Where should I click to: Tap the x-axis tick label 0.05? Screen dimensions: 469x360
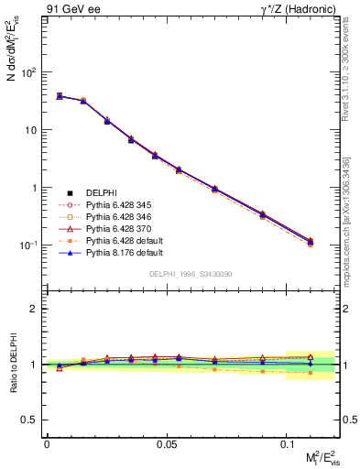click(166, 443)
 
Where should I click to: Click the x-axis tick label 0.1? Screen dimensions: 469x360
click(288, 443)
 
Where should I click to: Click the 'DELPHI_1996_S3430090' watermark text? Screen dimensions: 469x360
click(189, 274)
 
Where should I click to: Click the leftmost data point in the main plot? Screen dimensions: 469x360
click(59, 95)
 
